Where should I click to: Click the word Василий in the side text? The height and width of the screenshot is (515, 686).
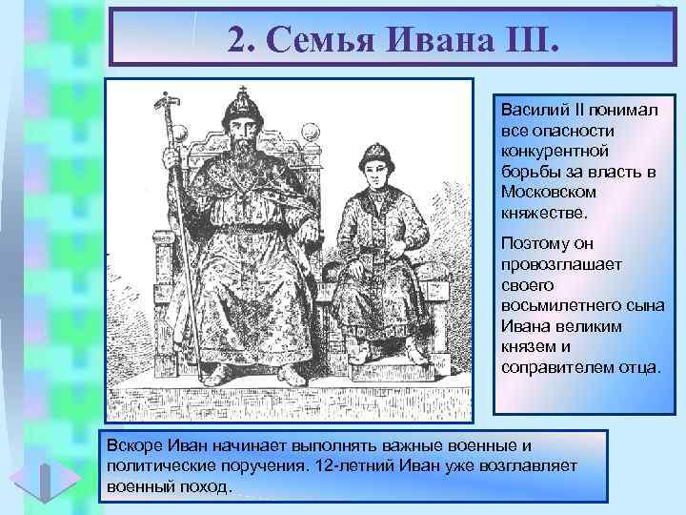pyautogui.click(x=530, y=111)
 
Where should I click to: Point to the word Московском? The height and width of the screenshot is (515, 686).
pyautogui.click(x=545, y=191)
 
